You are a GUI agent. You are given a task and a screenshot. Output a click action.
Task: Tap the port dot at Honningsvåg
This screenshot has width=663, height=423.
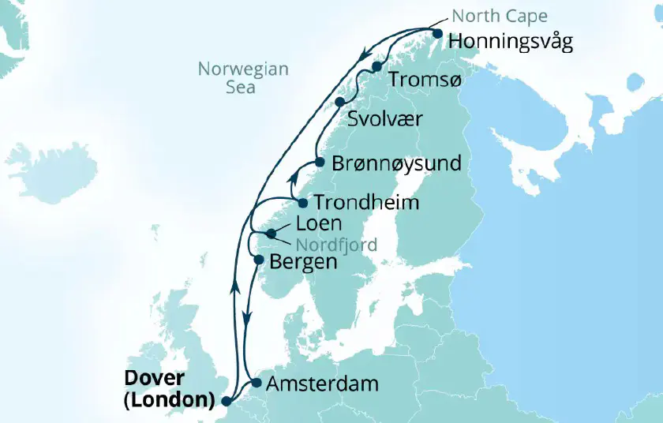click(x=438, y=33)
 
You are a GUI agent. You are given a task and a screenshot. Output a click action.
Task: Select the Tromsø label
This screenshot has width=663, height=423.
click(x=421, y=80)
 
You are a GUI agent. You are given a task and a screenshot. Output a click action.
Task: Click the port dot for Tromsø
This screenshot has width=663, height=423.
click(x=378, y=66)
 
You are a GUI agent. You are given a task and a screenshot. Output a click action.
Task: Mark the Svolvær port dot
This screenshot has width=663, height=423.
click(x=340, y=102)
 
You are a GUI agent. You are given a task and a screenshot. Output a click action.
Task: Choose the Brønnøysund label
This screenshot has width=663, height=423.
click(x=396, y=163)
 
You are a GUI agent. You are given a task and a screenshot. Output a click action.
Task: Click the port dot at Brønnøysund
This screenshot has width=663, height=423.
click(x=320, y=162)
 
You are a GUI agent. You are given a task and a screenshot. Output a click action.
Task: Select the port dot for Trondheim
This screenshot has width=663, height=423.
click(x=302, y=203)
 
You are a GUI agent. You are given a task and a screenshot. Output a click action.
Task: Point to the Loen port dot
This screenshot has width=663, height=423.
click(x=272, y=234)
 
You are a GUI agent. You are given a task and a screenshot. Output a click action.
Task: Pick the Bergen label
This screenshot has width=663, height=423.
click(x=303, y=261)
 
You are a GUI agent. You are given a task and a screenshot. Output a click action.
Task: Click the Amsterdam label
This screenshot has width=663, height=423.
click(x=323, y=384)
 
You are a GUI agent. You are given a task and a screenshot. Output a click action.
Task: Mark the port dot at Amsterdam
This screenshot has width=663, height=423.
click(x=256, y=384)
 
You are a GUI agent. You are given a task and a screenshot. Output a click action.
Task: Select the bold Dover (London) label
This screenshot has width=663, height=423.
click(x=169, y=389)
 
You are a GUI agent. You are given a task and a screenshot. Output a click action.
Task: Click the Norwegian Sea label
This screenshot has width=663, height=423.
click(x=243, y=78)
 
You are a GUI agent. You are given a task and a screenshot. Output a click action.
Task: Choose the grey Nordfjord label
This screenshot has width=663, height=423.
click(x=336, y=244)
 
